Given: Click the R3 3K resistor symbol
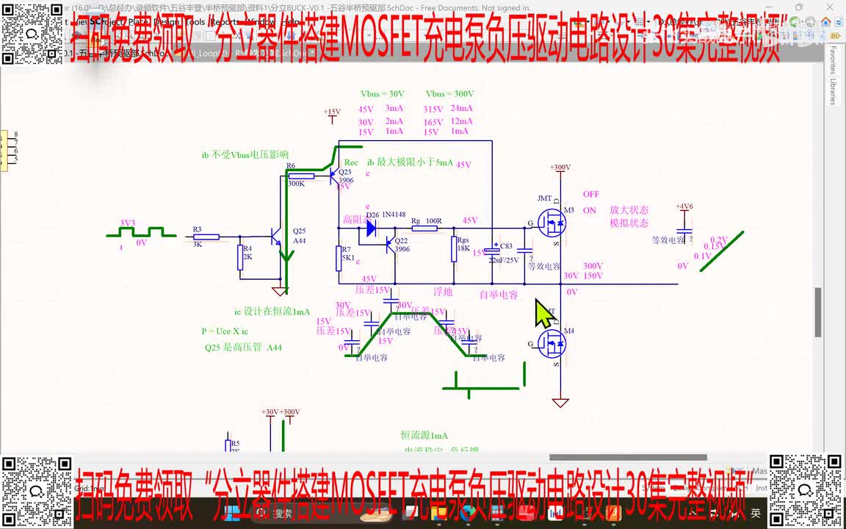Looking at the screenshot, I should pos(206,237).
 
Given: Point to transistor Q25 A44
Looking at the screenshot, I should pos(278,237).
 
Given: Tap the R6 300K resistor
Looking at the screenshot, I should pos(301,176).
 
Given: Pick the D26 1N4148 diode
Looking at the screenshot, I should pos(372,228).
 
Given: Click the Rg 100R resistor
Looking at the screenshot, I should pos(424,228).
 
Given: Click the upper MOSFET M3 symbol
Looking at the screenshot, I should pos(552,221).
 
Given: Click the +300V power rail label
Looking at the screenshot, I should pos(560,168).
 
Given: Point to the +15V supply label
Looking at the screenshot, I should pos(332,112).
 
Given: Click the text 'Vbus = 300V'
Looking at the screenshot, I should pos(449,94).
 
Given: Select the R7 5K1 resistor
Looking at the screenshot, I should pos(339,258).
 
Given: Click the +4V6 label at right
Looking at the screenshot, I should pos(684,206).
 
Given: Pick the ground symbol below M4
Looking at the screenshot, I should pos(560,402).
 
